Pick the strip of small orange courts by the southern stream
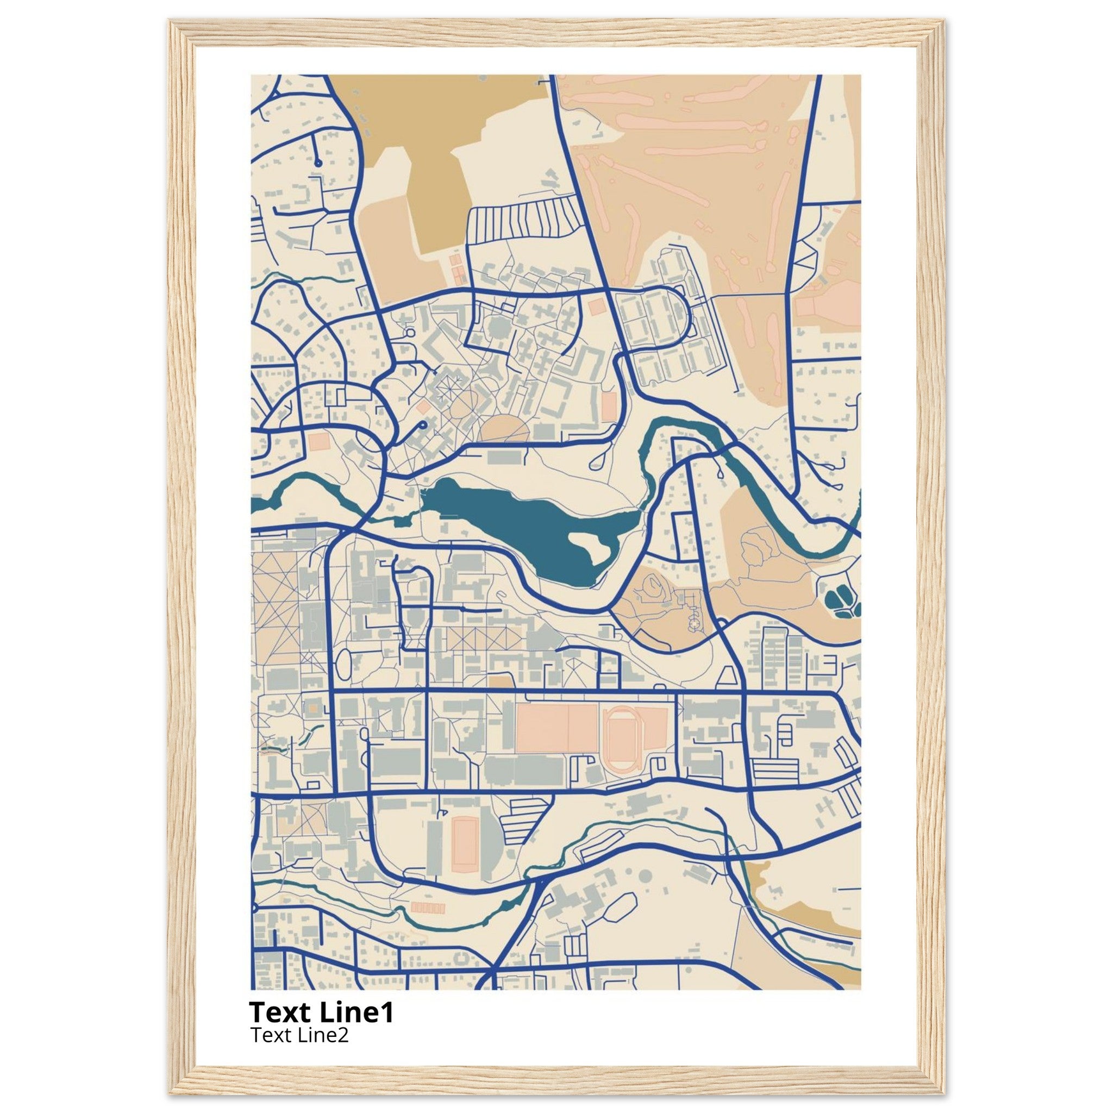point(428,909)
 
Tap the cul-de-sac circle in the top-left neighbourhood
point(318,164)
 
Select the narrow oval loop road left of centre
point(343,664)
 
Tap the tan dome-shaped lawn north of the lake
point(505,430)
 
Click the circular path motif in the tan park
point(695,623)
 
